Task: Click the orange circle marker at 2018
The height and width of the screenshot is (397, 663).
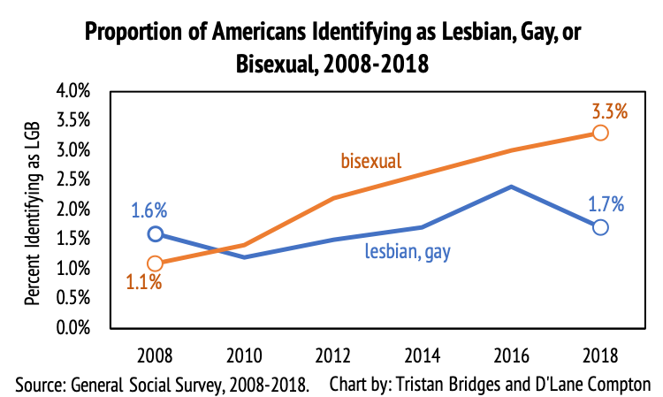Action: point(600,133)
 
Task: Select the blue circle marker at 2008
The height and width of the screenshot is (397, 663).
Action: point(156,233)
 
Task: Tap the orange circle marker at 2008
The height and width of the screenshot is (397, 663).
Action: point(156,263)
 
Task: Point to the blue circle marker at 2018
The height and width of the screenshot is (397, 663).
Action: point(600,227)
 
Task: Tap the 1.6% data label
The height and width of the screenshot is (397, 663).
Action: point(149,211)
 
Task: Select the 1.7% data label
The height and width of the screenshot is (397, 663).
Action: point(607,205)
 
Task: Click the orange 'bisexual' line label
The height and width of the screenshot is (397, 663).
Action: point(371,161)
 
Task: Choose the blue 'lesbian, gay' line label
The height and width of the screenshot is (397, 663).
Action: point(408,252)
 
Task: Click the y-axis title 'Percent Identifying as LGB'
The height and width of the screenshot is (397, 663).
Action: point(32,210)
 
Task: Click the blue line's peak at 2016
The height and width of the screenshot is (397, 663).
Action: point(511,187)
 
